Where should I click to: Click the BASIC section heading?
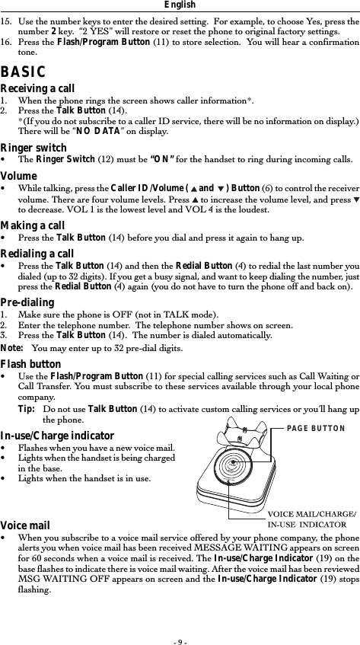coord(24,72)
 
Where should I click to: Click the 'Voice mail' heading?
coord(25,525)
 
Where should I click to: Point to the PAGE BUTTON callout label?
coord(316,428)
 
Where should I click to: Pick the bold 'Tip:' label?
coord(27,409)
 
